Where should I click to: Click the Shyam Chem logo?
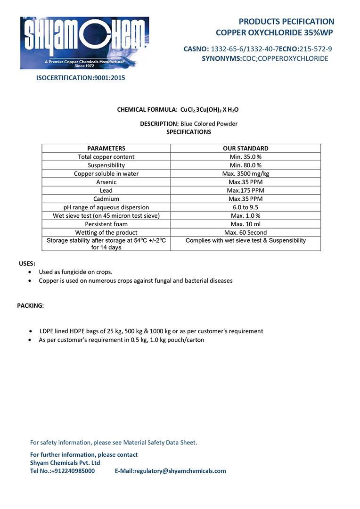click(x=84, y=43)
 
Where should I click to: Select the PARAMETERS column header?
click(x=106, y=148)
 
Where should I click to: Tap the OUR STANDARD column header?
click(x=245, y=148)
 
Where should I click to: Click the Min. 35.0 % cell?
click(x=245, y=156)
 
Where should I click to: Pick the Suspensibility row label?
click(x=106, y=165)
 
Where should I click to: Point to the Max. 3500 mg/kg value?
click(x=245, y=173)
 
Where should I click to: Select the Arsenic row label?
click(x=106, y=182)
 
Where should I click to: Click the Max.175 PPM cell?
click(x=245, y=190)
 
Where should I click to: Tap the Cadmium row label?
click(x=106, y=199)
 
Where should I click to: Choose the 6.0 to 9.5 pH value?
click(x=245, y=207)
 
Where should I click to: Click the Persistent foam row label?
click(x=106, y=224)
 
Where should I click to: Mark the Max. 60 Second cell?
click(x=245, y=232)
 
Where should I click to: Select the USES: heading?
click(x=27, y=263)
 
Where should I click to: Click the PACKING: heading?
click(x=31, y=305)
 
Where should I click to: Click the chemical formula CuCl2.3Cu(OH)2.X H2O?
click(x=209, y=110)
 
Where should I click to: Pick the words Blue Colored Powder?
click(x=209, y=124)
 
